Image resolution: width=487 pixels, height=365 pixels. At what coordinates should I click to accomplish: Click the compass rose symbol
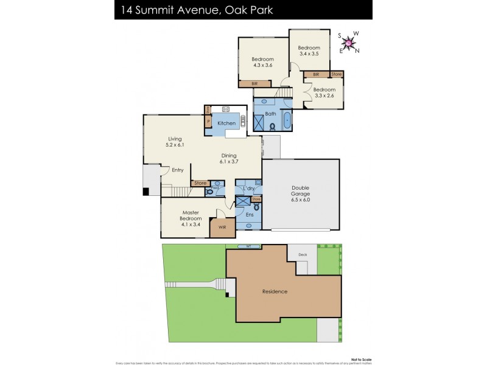click(x=348, y=43)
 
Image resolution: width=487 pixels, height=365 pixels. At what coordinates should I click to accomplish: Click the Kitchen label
click(x=226, y=123)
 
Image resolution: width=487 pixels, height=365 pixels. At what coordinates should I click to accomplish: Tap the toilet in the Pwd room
click(x=211, y=191)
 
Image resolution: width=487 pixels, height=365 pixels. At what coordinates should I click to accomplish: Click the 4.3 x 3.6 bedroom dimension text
click(x=263, y=66)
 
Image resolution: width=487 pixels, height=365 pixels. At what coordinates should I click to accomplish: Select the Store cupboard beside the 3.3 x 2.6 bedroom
click(x=337, y=74)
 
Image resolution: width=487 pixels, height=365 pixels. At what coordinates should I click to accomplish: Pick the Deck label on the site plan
click(x=302, y=255)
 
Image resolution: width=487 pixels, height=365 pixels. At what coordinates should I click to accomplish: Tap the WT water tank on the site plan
click(x=248, y=246)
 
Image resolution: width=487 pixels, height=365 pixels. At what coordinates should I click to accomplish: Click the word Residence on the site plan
click(x=275, y=291)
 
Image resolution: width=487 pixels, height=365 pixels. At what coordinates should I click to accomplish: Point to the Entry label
click(x=177, y=170)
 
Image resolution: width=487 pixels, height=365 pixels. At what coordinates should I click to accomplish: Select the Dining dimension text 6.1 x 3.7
click(x=230, y=162)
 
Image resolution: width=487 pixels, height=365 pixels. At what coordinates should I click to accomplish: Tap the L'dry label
click(x=248, y=189)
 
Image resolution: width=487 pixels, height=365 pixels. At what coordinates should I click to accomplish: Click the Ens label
click(x=250, y=214)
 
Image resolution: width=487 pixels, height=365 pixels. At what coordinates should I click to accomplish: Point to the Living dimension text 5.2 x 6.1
click(x=175, y=145)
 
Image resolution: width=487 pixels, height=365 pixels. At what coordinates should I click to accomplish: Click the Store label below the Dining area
click(x=200, y=182)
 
